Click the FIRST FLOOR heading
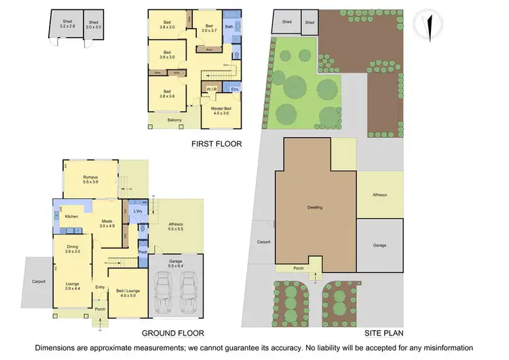(216, 144)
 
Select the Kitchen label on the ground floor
(73, 216)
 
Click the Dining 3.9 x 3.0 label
(73, 249)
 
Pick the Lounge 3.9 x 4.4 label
(73, 285)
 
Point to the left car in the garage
(165, 291)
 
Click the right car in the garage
(188, 291)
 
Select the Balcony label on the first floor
(175, 120)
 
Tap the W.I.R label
(212, 88)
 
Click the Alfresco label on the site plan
(379, 195)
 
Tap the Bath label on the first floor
(229, 27)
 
